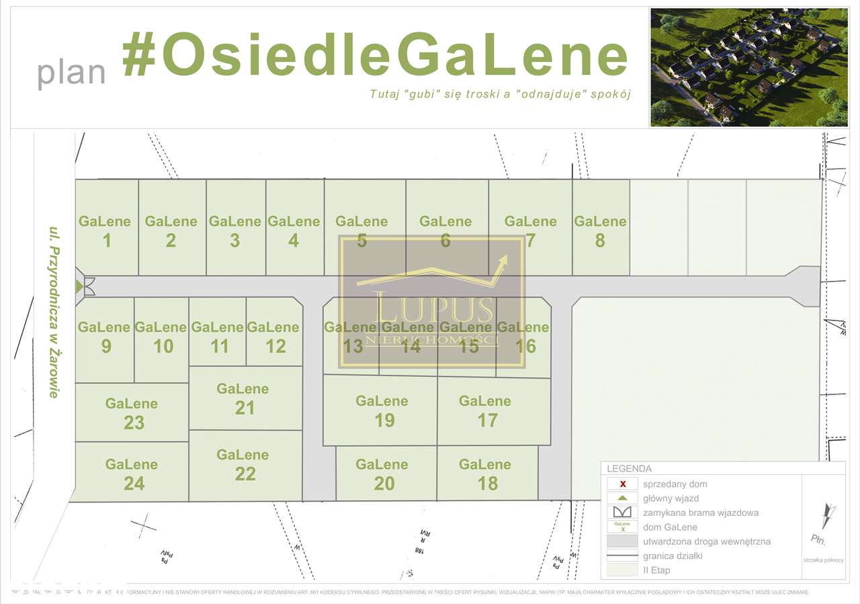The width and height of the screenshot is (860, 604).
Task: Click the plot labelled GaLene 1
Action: [105, 230]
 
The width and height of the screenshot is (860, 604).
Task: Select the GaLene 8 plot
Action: [600, 230]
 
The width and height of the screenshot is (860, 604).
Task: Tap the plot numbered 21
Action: [243, 398]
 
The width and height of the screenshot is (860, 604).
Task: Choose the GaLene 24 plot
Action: [132, 473]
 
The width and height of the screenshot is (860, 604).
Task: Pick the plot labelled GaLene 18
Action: [485, 474]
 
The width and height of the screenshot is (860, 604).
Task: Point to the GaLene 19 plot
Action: [382, 411]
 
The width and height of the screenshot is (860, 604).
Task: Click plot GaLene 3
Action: [235, 230]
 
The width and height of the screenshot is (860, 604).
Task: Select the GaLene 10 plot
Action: [161, 337]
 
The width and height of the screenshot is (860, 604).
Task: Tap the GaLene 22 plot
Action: [243, 464]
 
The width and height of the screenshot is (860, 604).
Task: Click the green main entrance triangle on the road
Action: [79, 286]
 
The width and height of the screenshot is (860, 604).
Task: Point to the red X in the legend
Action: [623, 484]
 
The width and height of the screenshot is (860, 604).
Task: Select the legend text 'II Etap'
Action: [656, 570]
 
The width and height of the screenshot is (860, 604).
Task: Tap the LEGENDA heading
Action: [629, 469]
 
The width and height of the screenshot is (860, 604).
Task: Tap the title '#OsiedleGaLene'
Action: [375, 56]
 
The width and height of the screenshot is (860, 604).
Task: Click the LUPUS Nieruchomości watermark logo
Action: [431, 302]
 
